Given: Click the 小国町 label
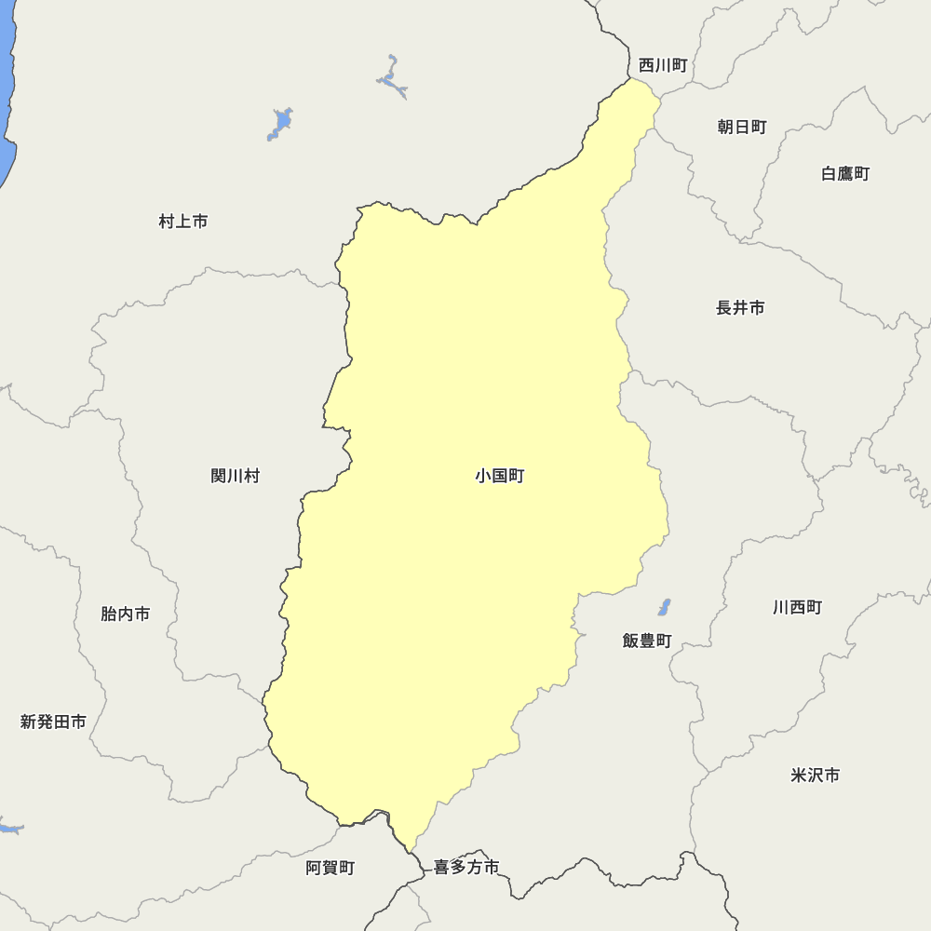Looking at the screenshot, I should coord(499,476).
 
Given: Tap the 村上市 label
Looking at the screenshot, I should coord(183,222).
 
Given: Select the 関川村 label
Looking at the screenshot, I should coord(235,476).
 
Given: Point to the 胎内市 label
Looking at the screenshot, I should coord(126,614).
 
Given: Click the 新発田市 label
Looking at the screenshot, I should coord(53,722).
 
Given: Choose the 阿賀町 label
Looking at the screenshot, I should coord(331,868).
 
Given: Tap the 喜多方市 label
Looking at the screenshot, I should coord(466,868).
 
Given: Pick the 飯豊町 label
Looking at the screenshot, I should coord(647,641).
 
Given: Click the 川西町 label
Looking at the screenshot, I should coord(797,607).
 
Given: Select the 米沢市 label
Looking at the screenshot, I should coord(815,775).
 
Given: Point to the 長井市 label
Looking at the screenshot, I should coord(740,307).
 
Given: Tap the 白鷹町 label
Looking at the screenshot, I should coord(845,173).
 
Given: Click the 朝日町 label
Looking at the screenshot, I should coord(742,127).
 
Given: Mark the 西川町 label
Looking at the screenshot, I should coord(663,65).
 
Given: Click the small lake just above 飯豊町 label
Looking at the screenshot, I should coord(664,608).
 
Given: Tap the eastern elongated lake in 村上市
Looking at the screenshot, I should coord(393,78).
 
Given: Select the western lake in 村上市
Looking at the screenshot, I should coord(280,123).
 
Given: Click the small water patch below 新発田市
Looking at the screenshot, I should coord(9,828).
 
